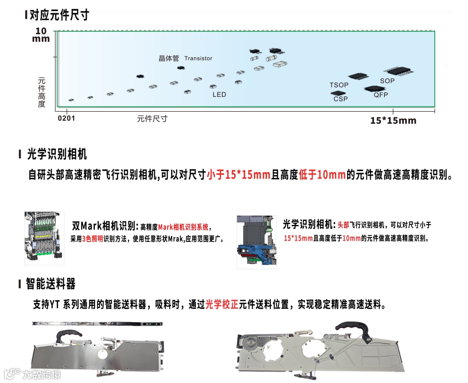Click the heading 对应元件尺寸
[59, 15]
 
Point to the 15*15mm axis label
[393, 120]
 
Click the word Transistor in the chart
[198, 58]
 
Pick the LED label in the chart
[219, 94]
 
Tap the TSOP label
[338, 85]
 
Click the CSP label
[341, 99]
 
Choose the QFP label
[381, 95]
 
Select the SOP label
[387, 81]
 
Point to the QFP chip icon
[374, 89]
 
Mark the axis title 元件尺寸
[152, 118]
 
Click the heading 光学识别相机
[57, 154]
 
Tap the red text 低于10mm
[322, 175]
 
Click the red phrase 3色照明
[92, 239]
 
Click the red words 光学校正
[222, 304]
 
